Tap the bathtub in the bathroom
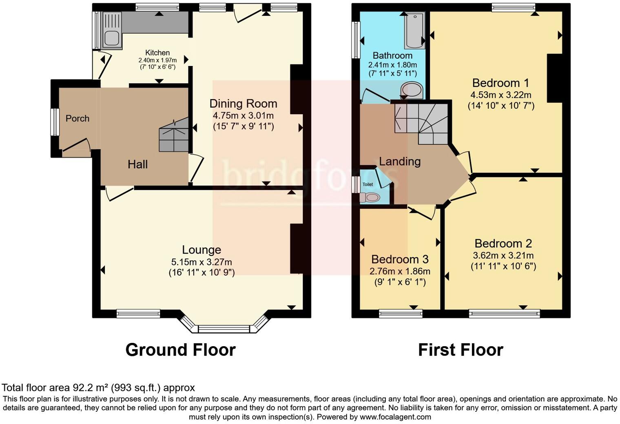tap(414, 30)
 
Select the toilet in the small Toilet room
tap(370, 198)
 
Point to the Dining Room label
tap(243, 104)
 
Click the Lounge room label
tap(201, 250)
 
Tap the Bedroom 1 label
tap(500, 83)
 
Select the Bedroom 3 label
tap(400, 259)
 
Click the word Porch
tap(77, 118)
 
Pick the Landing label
tap(400, 161)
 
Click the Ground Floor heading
tap(180, 350)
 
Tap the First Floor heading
tap(461, 350)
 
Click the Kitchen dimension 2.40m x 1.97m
tap(157, 60)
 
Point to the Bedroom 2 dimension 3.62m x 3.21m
tap(503, 256)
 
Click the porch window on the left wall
tap(54, 122)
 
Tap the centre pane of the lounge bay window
tap(224, 329)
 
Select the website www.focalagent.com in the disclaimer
tap(394, 417)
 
